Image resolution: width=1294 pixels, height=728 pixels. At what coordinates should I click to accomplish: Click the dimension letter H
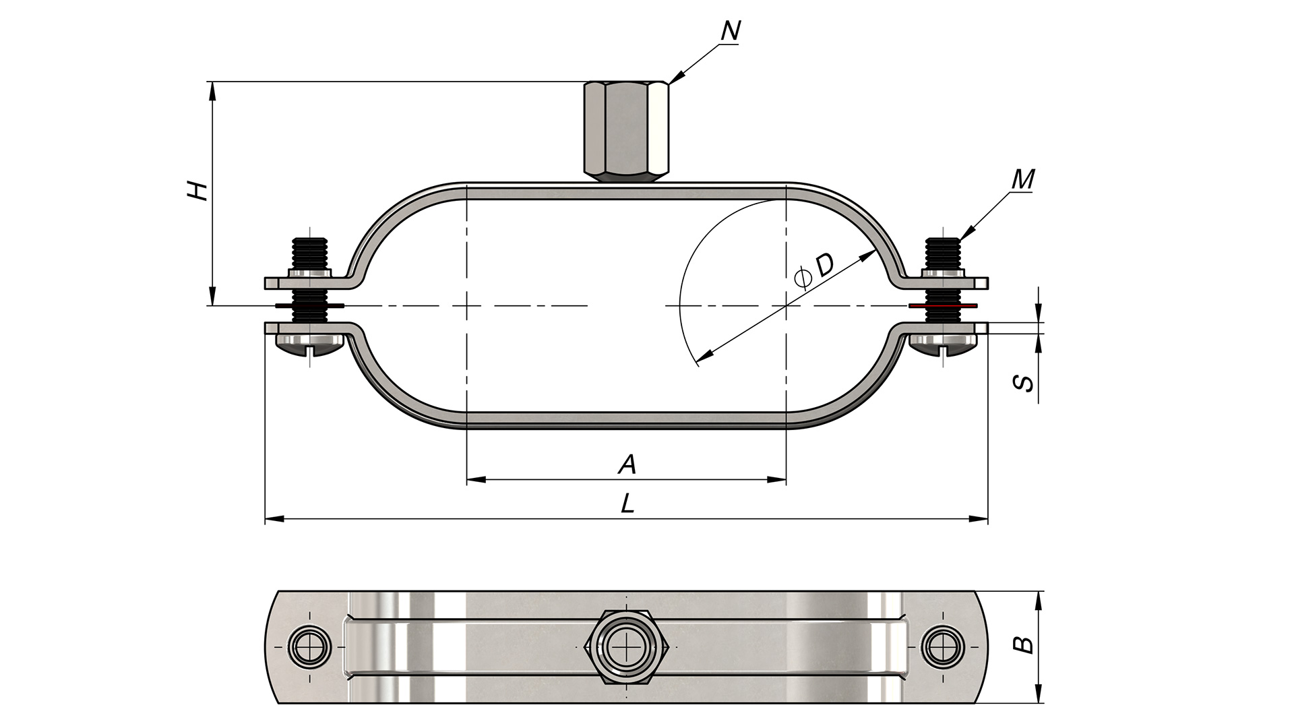click(x=197, y=191)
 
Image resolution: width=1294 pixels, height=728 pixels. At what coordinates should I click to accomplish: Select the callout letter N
click(x=731, y=30)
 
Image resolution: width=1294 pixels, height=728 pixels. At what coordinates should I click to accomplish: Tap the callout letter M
click(x=1023, y=179)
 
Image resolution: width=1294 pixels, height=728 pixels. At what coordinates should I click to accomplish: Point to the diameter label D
click(x=824, y=266)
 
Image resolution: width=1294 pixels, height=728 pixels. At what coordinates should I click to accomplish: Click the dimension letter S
click(x=1024, y=383)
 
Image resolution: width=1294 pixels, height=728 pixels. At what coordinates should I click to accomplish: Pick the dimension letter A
click(x=627, y=464)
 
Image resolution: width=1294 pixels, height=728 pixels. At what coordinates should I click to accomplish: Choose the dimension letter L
click(x=627, y=503)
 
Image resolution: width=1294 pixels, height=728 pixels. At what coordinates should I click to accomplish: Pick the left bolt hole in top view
click(x=309, y=647)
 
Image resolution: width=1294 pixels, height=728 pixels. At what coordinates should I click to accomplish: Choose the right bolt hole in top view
click(x=942, y=647)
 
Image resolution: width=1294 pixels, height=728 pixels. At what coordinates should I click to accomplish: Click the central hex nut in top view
click(x=627, y=647)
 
